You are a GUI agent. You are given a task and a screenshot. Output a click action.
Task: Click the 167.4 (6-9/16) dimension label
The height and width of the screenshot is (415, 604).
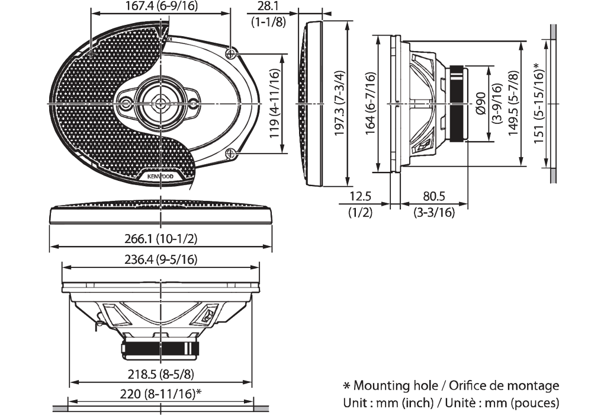(x=153, y=7)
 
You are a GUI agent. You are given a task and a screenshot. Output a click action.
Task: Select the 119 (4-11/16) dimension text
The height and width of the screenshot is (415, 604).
(x=274, y=104)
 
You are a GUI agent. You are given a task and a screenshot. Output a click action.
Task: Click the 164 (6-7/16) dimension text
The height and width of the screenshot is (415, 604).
(x=370, y=104)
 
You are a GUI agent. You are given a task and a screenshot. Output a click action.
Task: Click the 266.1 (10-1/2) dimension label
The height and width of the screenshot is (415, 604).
(x=161, y=238)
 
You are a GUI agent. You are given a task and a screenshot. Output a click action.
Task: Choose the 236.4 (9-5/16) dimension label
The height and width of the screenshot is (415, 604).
(x=161, y=260)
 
